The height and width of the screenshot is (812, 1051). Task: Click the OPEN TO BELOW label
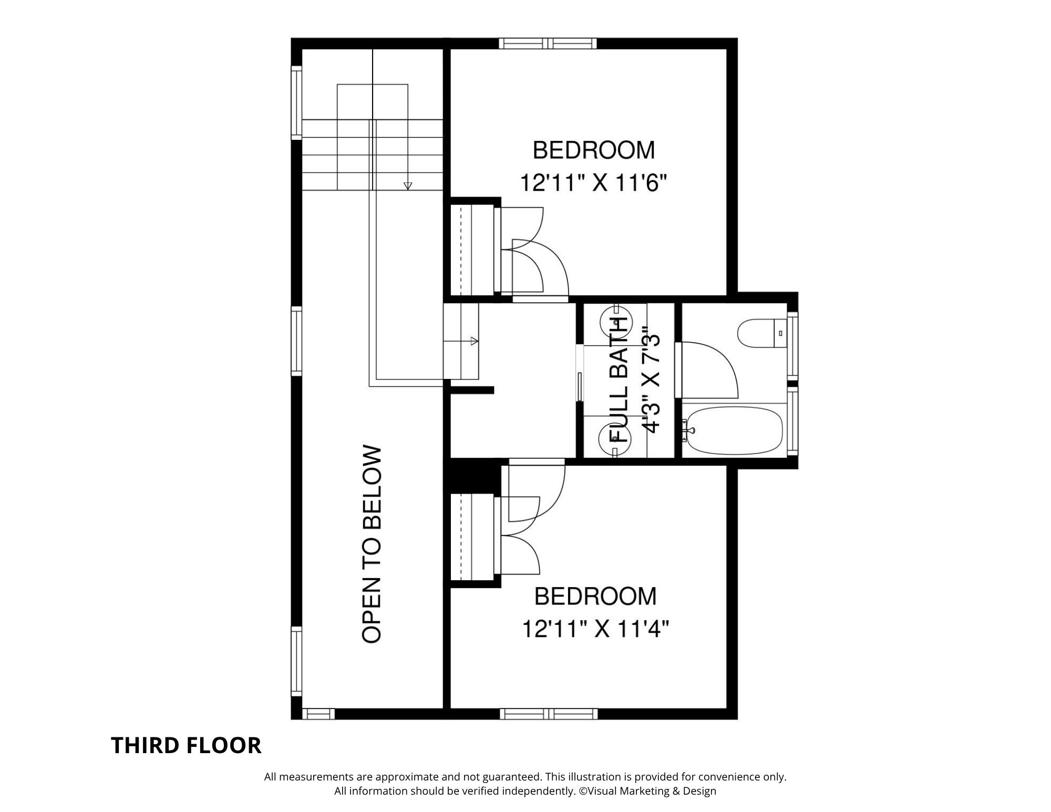click(x=372, y=544)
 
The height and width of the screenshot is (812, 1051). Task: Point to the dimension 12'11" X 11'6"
click(x=593, y=183)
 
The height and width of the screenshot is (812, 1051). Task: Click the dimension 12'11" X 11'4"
click(x=595, y=629)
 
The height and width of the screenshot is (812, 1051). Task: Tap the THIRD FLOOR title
click(x=186, y=745)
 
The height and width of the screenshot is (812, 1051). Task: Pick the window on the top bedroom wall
click(x=548, y=43)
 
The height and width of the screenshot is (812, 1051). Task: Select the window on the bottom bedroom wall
click(x=548, y=714)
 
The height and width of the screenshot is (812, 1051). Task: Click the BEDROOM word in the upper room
click(x=594, y=150)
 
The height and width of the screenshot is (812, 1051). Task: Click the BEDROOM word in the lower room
click(x=595, y=596)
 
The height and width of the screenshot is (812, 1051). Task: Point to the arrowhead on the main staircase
click(x=408, y=186)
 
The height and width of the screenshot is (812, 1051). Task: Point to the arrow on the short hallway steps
click(x=474, y=341)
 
